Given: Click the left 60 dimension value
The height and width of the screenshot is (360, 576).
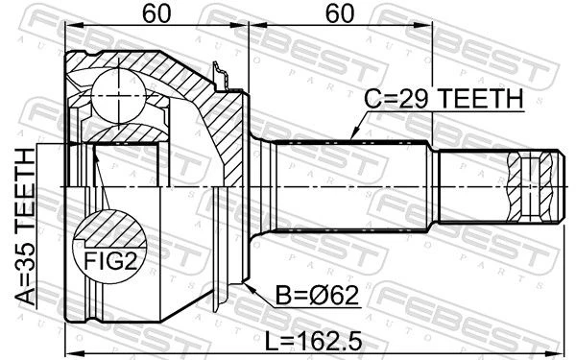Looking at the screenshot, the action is click(156, 13).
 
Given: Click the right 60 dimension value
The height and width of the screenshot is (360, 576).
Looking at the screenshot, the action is click(340, 13).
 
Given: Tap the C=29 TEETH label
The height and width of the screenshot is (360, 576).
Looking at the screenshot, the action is click(444, 99).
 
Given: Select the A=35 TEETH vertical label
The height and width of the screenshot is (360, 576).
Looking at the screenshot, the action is click(27, 227).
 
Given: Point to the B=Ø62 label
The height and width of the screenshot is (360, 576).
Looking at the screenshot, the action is click(318, 295).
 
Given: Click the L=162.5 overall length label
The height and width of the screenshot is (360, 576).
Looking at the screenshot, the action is click(314, 341).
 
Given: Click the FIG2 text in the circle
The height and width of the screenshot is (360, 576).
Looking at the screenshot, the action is click(110, 261).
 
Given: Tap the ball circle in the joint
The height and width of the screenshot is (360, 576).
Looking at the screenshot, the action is click(118, 95).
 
